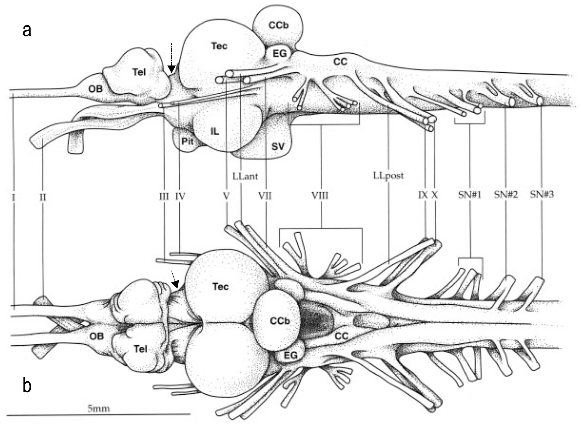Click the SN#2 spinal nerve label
tap(506, 195)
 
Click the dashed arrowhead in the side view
tap(171, 69)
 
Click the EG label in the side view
tap(280, 53)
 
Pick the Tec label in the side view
tap(219, 46)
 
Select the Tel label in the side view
tap(139, 72)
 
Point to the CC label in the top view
tap(342, 336)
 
